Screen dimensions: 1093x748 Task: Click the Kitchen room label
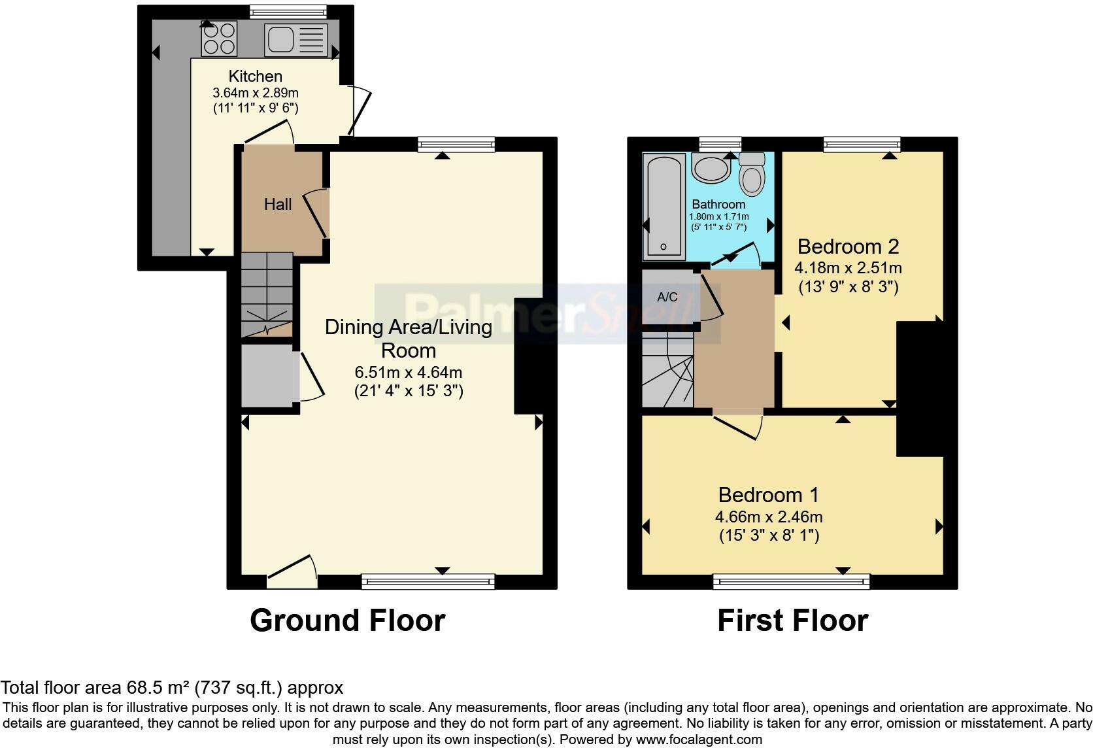(x=255, y=76)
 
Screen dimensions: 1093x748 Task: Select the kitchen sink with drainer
(x=296, y=39)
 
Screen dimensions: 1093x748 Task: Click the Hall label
(x=278, y=204)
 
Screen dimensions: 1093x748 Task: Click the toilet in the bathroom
(x=752, y=174)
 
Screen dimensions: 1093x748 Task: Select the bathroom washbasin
(x=711, y=169)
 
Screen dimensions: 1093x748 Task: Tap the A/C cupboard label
(x=667, y=297)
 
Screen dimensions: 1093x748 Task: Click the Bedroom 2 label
(x=848, y=246)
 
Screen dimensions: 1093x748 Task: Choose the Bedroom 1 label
(x=769, y=495)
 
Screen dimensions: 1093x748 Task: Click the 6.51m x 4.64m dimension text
(x=409, y=372)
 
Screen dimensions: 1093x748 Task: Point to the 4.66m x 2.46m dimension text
(x=769, y=517)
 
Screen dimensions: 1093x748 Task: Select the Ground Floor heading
(x=347, y=620)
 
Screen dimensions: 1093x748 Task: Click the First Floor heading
(x=792, y=620)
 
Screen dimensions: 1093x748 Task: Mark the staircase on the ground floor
(x=267, y=294)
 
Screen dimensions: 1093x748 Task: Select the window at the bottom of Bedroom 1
(x=791, y=582)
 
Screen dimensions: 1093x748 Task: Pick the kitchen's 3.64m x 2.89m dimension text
(x=255, y=92)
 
